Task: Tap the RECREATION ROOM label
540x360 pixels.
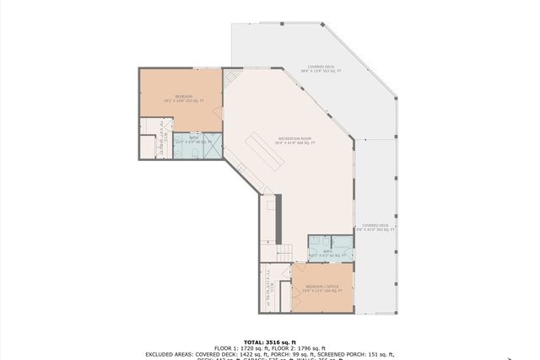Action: click(295, 138)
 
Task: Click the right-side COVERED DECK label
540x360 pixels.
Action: click(375, 226)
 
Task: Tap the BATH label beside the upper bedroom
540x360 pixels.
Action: click(193, 137)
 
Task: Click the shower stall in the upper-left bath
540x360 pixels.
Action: click(213, 146)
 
